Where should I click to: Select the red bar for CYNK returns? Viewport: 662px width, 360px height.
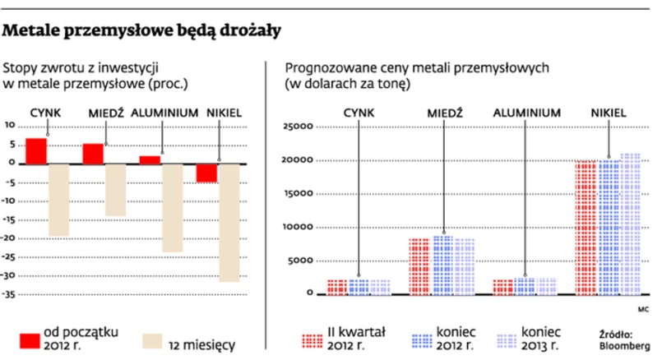click(x=36, y=150)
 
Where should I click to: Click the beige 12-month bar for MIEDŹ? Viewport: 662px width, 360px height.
click(x=116, y=189)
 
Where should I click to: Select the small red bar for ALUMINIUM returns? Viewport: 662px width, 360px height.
click(x=150, y=159)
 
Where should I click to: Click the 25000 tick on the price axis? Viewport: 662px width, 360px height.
click(x=299, y=127)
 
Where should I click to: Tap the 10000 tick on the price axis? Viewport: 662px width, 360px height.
click(x=299, y=226)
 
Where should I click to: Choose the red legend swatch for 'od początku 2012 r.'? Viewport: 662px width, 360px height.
click(x=30, y=339)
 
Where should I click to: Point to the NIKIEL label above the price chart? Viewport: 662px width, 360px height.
click(x=609, y=113)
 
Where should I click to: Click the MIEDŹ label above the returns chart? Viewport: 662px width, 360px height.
click(x=105, y=113)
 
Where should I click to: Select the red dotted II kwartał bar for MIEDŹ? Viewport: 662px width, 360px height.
click(x=419, y=265)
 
